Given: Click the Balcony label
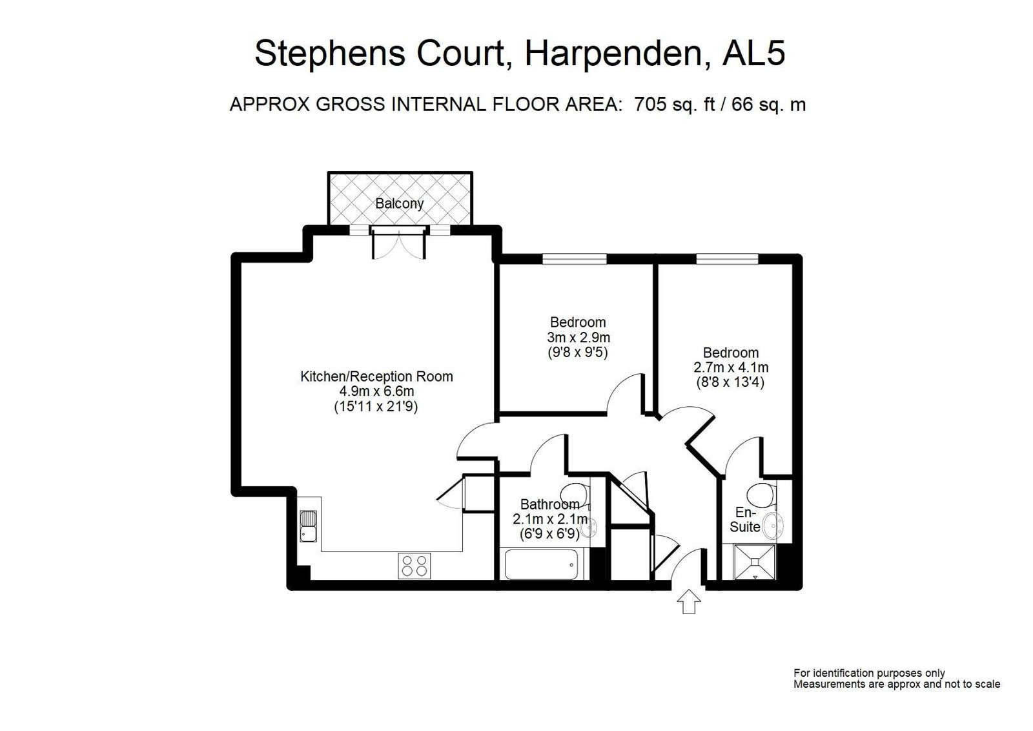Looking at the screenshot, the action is tap(400, 203).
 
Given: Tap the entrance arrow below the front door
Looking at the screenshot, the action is tap(688, 601).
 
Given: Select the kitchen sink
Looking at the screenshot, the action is tap(308, 526).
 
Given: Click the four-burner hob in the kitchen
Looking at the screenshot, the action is tap(414, 566).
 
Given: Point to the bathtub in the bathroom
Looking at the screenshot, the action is tap(542, 564).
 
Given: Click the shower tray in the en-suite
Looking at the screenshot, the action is tap(755, 562).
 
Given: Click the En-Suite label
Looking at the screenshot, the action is tap(745, 519).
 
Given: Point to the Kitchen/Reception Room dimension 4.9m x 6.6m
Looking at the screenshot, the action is tap(377, 391).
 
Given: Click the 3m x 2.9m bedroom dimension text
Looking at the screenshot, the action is tap(578, 337).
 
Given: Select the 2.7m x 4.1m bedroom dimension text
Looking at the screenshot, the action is tap(731, 367).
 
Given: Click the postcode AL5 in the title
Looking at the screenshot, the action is tap(753, 53).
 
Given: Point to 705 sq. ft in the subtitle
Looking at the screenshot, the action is tap(674, 104).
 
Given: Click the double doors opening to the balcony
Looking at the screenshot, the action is tap(400, 243).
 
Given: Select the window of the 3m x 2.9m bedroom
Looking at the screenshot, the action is tap(574, 259).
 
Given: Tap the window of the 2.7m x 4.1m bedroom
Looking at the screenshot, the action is tap(727, 259).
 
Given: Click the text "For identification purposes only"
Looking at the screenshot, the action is tap(869, 674).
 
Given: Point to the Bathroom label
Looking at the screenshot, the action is tap(550, 504).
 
